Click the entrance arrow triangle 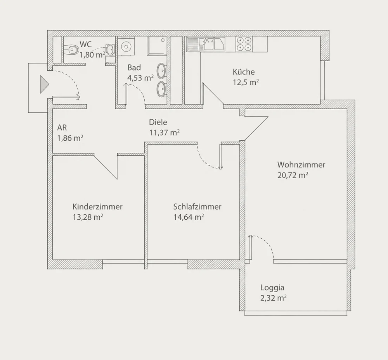point(44,84)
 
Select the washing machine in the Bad point(126,46)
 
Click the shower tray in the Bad point(157,46)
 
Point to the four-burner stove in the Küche point(244,44)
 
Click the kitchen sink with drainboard point(206,44)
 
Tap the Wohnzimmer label point(301,165)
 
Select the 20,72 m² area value point(293,175)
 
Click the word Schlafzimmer point(197,207)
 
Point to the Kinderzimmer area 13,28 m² point(88,217)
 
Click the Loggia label point(272,288)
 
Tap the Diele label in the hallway point(158,122)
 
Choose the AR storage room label point(62,127)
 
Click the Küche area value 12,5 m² point(246,82)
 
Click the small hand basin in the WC point(110,50)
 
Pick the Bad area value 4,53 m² point(140,78)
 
